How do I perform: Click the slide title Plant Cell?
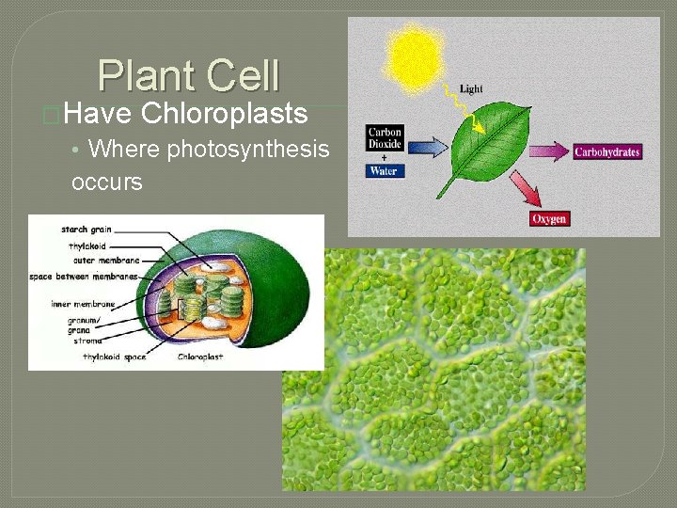pyautogui.click(x=188, y=76)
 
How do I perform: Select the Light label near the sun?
pyautogui.click(x=471, y=88)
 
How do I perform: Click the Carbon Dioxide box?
pyautogui.click(x=385, y=138)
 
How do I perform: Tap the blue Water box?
pyautogui.click(x=384, y=171)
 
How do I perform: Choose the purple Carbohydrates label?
pyautogui.click(x=606, y=151)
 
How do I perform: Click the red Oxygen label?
pyautogui.click(x=549, y=218)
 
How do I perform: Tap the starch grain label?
pyautogui.click(x=87, y=230)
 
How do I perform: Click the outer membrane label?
pyautogui.click(x=105, y=260)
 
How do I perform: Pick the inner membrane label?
pyautogui.click(x=84, y=304)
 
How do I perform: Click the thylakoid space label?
pyautogui.click(x=114, y=357)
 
